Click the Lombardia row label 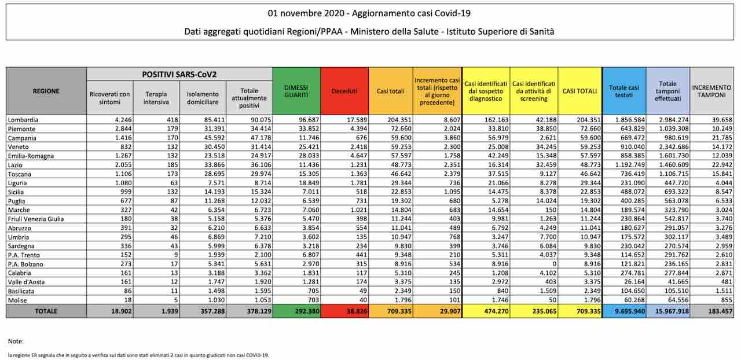23,120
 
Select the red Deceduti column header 344,91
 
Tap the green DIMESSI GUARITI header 296,91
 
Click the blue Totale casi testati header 624,91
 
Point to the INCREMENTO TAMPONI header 711,91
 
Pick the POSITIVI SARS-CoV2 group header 179,75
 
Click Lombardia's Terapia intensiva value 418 173,120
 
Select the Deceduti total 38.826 357,311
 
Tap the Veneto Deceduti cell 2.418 358,146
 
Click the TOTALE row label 46,311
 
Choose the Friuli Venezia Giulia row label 36,219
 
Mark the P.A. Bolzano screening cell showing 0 554,264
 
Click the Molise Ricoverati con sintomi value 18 128,300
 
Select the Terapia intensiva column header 156,98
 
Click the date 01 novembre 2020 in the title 305,13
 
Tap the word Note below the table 16,341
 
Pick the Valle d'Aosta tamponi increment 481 727,282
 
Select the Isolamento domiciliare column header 203,98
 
